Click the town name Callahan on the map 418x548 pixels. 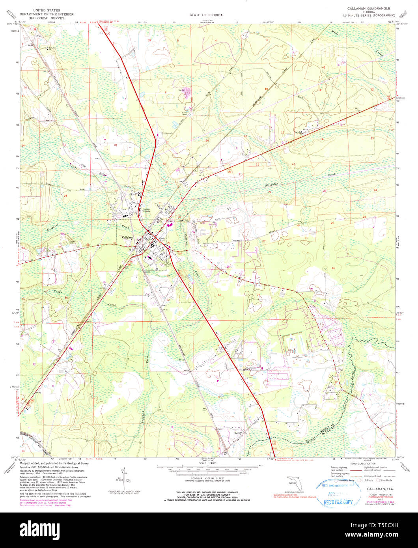127,237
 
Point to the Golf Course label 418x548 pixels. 297,354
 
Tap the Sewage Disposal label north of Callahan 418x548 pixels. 146,210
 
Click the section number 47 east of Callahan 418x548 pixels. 213,201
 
